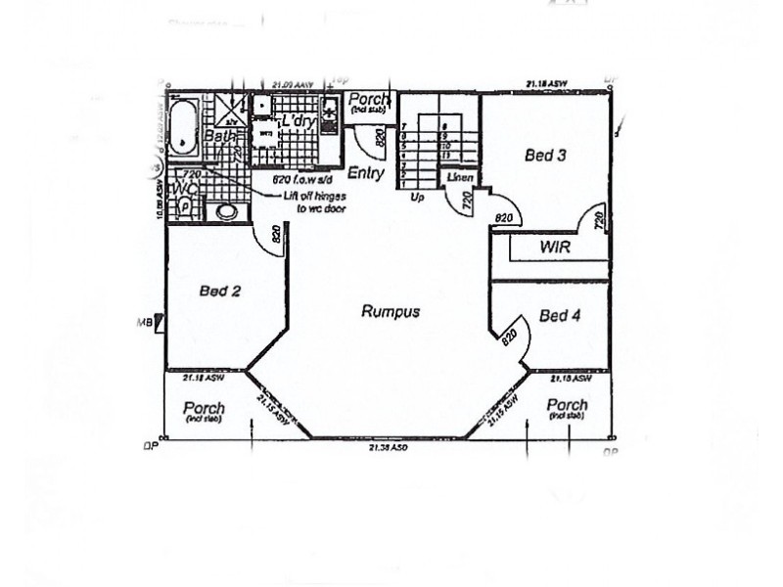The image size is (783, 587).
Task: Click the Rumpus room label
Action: pos(391,312)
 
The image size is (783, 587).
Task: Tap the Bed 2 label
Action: pos(220,290)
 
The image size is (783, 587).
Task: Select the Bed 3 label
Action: pos(546,154)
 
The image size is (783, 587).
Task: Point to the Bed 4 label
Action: pos(560,315)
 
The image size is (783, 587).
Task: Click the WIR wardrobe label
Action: pos(555,248)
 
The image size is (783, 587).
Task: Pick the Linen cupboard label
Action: pos(460,178)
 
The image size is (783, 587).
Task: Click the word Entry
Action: pos(365,173)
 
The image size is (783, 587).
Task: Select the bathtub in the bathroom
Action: pos(183,124)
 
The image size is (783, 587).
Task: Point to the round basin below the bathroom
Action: pos(226,210)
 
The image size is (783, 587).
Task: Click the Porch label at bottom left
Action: pos(204,408)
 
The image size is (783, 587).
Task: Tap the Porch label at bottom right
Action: pos(567,405)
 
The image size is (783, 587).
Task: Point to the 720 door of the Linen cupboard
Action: pos(461,203)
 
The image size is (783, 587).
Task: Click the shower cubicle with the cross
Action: pos(232,110)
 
